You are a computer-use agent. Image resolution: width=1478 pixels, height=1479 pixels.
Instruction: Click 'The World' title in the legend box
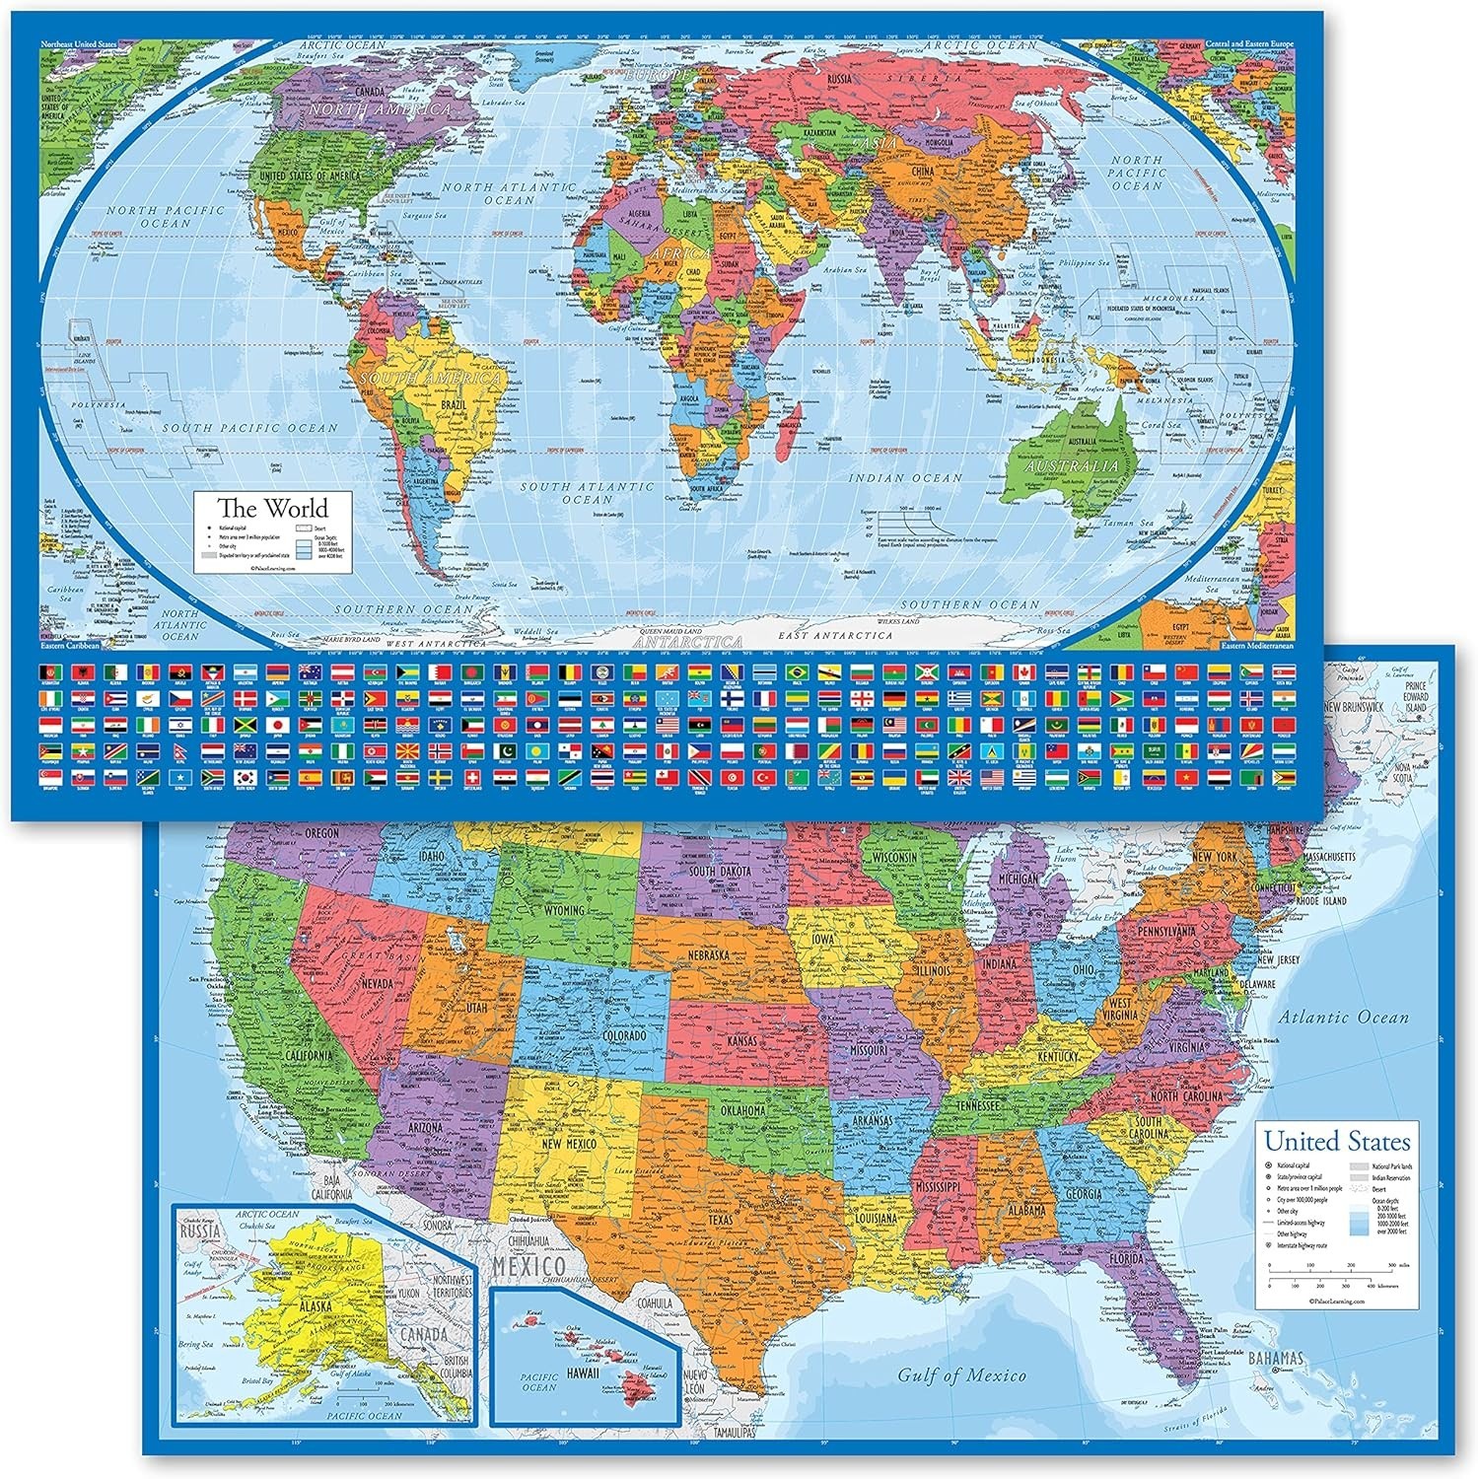272,509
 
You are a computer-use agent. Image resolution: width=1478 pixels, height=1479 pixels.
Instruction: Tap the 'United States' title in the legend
1337,1142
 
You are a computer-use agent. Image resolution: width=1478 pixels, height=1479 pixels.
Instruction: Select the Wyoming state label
564,908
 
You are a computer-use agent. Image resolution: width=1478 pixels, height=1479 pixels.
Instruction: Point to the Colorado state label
618,1036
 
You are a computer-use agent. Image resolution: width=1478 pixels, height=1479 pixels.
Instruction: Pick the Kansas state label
741,1041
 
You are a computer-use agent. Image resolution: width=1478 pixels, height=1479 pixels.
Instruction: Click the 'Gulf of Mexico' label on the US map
960,1374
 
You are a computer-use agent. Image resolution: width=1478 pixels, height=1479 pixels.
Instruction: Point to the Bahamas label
1275,1359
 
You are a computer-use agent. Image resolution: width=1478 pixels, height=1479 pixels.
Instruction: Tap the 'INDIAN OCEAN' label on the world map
906,478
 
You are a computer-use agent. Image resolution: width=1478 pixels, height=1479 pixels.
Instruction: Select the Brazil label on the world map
454,405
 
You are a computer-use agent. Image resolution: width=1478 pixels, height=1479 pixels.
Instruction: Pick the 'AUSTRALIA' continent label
1072,465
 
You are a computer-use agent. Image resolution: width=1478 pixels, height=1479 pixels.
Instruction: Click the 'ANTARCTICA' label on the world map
687,642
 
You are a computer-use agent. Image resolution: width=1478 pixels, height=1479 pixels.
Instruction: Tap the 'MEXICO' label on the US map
529,1265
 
